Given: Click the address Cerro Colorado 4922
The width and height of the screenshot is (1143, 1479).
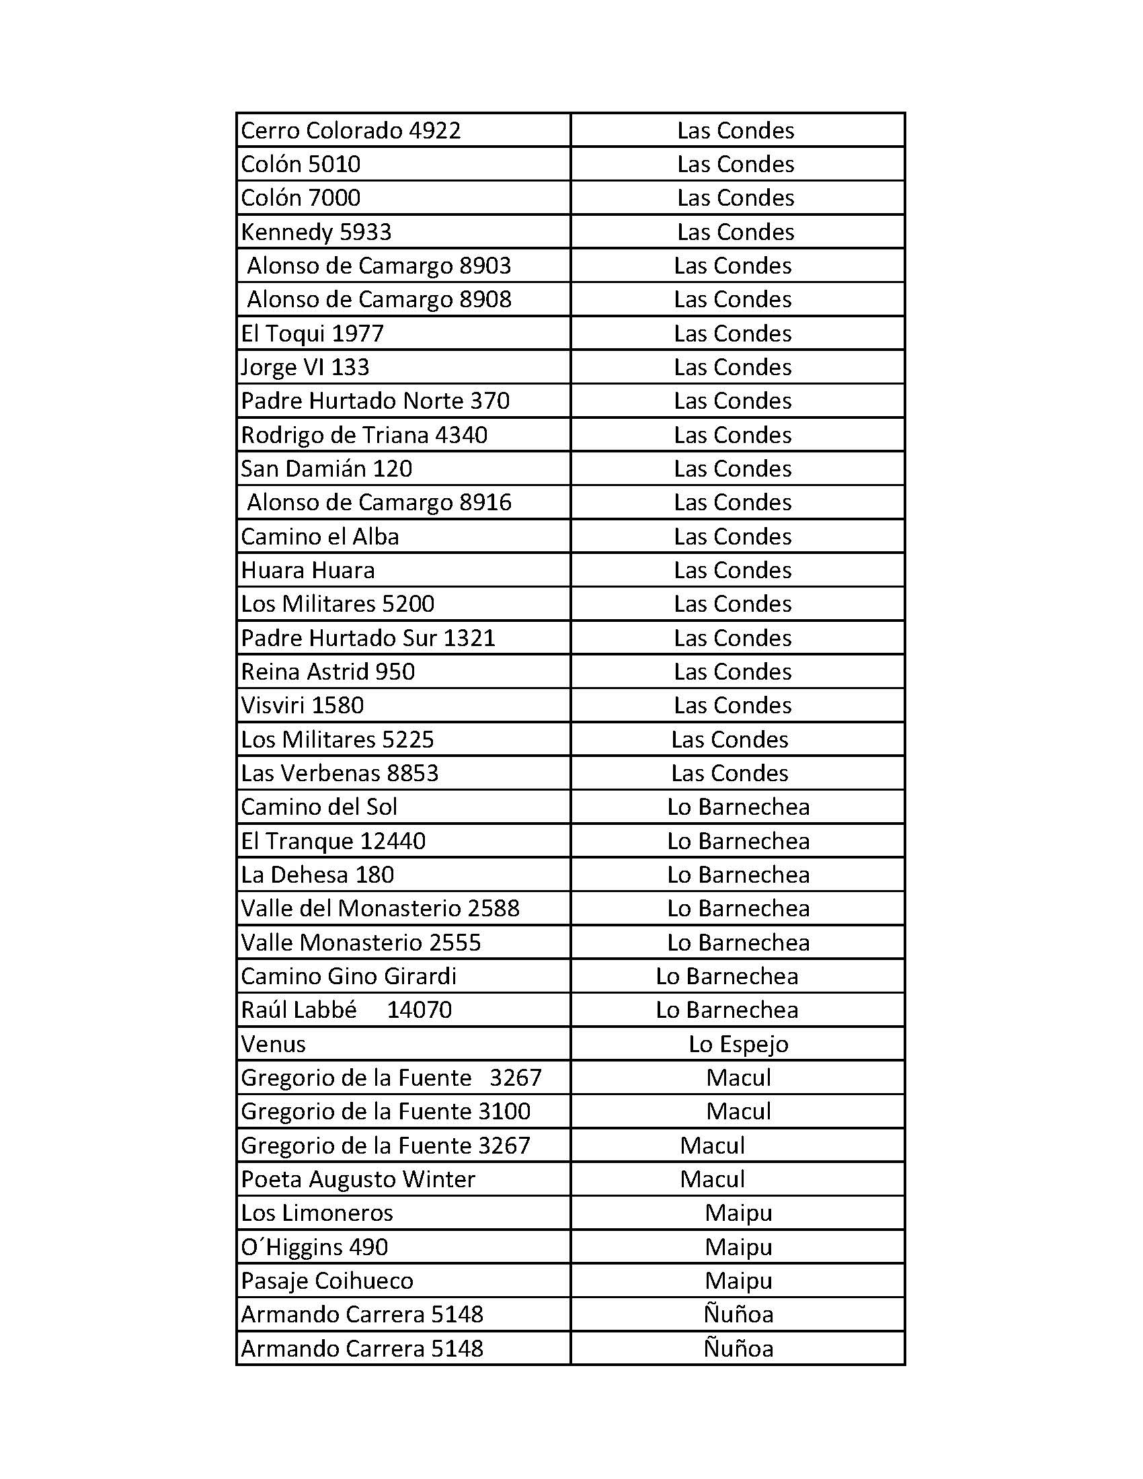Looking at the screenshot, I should [351, 130].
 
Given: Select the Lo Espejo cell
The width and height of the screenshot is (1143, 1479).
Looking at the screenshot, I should [738, 1044].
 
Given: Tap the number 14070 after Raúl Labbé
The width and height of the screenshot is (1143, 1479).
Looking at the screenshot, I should [419, 1010].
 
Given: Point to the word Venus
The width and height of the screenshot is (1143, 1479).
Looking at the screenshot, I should [274, 1044].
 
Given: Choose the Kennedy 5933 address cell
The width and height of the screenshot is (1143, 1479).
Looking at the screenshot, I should [316, 233].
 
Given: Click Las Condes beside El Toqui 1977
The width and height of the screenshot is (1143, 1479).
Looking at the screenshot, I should [733, 334].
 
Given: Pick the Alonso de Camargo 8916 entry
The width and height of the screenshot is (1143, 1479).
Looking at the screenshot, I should [379, 502].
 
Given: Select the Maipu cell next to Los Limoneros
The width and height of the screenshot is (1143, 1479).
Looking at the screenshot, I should [738, 1213].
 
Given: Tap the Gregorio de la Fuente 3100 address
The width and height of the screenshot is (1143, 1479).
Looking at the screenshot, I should [385, 1111].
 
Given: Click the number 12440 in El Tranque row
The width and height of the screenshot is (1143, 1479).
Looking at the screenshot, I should [393, 841].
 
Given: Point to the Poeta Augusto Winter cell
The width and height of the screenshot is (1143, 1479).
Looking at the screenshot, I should [358, 1179].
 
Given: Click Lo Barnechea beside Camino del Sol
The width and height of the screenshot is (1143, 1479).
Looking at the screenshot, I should [738, 807].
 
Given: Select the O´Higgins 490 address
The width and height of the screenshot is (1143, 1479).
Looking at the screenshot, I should [314, 1246].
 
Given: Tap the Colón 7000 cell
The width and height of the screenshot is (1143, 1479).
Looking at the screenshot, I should [301, 198].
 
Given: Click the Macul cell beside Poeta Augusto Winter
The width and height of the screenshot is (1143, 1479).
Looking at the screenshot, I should [712, 1179].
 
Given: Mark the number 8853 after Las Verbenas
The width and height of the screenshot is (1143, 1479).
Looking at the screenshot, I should [411, 773].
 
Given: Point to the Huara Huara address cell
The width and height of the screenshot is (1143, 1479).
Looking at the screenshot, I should [307, 570].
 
